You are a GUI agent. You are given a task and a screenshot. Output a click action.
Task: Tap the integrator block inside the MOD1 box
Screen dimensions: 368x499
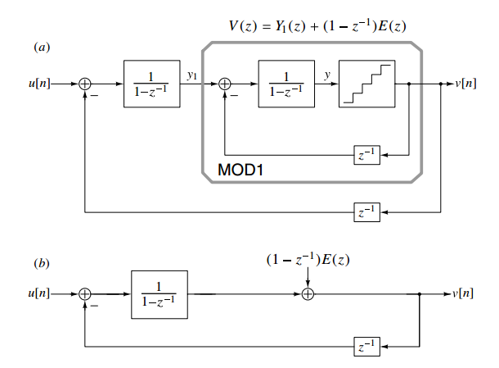tap(286, 84)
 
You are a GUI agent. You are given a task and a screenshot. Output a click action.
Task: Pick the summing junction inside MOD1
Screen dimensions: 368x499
tap(226, 84)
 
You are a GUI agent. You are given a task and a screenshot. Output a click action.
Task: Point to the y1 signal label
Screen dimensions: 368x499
tap(191, 75)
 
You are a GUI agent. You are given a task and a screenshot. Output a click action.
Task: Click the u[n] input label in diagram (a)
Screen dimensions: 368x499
tap(38, 84)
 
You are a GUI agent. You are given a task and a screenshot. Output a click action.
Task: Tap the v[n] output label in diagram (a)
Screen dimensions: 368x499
tap(465, 84)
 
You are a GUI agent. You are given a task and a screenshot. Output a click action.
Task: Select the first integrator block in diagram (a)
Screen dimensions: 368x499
tap(151, 84)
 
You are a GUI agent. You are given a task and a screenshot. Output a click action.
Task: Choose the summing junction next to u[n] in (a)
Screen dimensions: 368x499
tap(84, 84)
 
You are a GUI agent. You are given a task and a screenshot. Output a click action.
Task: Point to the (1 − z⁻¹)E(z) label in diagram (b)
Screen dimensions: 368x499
tap(308, 260)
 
